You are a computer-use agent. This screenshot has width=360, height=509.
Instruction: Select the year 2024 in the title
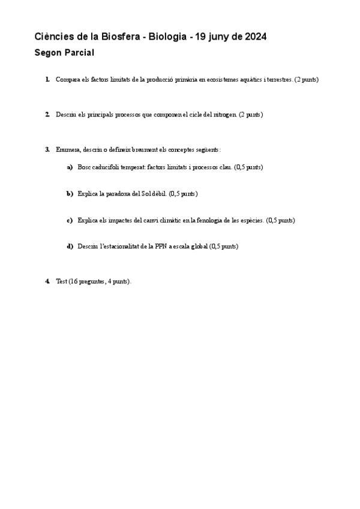coord(254,37)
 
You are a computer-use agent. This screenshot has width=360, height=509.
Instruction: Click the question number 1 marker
coord(47,79)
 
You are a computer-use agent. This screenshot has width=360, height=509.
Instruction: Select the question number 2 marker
coord(47,114)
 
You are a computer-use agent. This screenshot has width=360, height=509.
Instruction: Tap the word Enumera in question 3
coord(66,149)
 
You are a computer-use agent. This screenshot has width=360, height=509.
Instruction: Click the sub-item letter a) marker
coord(70,167)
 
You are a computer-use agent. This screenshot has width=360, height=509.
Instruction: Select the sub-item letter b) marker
coord(70,194)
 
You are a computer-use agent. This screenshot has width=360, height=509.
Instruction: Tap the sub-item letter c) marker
coord(70,220)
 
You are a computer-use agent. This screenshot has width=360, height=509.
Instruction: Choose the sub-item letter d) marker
coord(70,247)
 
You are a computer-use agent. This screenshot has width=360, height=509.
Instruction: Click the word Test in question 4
coord(61,282)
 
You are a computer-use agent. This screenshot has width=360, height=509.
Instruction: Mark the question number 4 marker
coord(47,282)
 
